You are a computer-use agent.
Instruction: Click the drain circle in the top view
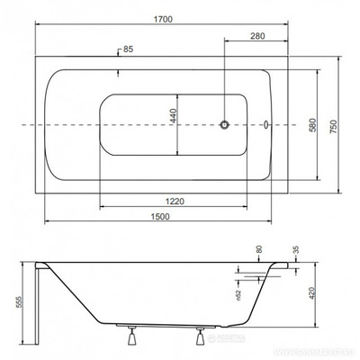coord(227,125)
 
